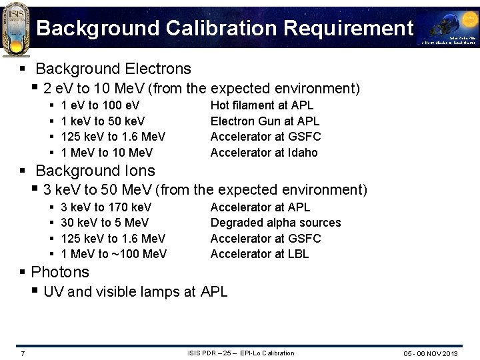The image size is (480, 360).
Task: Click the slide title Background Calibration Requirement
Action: (x=225, y=28)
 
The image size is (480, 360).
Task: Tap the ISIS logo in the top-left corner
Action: (x=16, y=30)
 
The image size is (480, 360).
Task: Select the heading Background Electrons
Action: (x=113, y=69)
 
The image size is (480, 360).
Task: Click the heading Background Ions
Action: (x=95, y=171)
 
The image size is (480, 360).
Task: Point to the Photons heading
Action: (x=60, y=272)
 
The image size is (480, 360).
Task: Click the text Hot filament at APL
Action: (x=262, y=105)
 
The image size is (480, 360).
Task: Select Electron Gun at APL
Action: (x=265, y=121)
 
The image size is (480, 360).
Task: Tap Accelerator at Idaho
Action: (x=264, y=153)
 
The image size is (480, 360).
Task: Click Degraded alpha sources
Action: (x=275, y=223)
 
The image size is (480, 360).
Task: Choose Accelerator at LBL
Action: (x=260, y=254)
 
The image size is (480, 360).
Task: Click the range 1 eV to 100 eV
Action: (x=100, y=105)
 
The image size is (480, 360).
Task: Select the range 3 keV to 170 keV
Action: (x=106, y=207)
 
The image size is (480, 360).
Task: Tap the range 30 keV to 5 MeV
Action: (x=105, y=223)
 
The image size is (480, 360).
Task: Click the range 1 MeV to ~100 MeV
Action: (x=113, y=254)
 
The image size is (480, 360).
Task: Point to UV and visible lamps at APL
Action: (x=135, y=292)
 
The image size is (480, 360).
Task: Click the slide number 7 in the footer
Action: (x=23, y=353)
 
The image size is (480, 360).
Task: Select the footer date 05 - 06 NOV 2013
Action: (x=431, y=353)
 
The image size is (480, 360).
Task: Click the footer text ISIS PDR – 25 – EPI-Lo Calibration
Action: (x=241, y=353)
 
